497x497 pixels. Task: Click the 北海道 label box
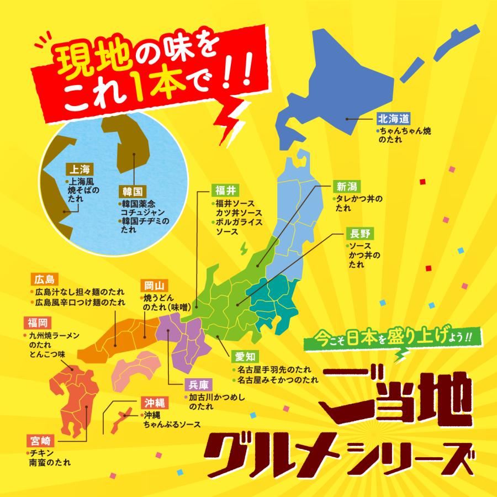coord(393,119)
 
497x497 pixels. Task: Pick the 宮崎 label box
coord(41,440)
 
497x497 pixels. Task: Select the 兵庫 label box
coord(196,385)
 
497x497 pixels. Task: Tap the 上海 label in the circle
coord(77,168)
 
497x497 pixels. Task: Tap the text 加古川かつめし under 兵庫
coord(216,397)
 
